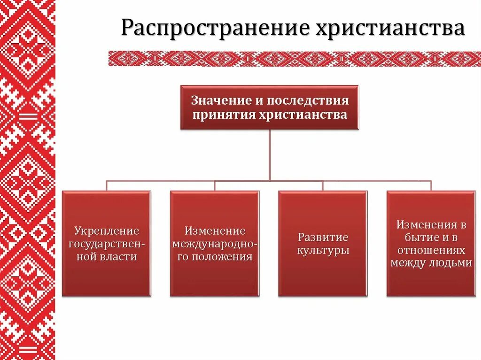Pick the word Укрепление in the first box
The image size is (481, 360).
click(107, 231)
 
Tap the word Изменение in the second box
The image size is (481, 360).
click(215, 231)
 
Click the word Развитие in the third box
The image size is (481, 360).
click(323, 237)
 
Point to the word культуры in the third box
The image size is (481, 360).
click(323, 250)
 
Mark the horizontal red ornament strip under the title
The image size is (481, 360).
click(294, 59)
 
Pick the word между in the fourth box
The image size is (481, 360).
click(407, 263)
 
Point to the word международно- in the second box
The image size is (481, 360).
click(215, 244)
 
